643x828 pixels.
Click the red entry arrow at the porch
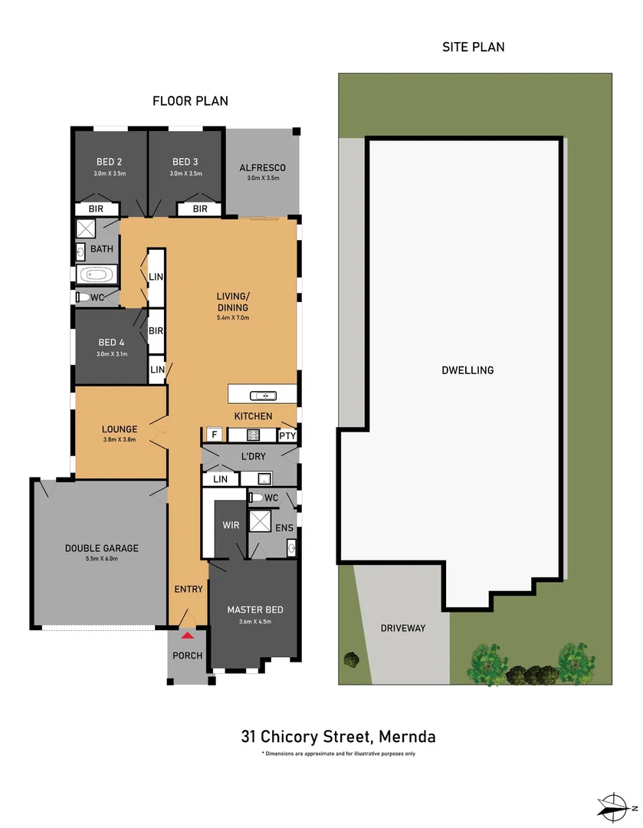(188, 636)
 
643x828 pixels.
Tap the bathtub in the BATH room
(97, 274)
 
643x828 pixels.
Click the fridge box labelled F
(214, 435)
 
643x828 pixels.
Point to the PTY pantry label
(287, 435)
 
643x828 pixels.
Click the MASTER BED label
(255, 609)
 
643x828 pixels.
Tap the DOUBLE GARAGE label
(101, 548)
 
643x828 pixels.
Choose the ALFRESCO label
(262, 167)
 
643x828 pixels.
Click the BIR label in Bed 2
(96, 209)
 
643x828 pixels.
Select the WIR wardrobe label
(231, 525)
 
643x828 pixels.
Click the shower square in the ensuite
(260, 521)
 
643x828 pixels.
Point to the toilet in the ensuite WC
(256, 498)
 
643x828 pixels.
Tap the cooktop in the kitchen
(253, 435)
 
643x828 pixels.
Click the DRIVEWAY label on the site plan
(403, 628)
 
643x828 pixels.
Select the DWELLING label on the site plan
(467, 370)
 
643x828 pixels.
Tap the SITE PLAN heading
(473, 47)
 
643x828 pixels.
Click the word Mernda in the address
(407, 736)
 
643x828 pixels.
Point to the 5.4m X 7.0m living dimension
(233, 318)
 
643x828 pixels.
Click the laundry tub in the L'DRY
(264, 479)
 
